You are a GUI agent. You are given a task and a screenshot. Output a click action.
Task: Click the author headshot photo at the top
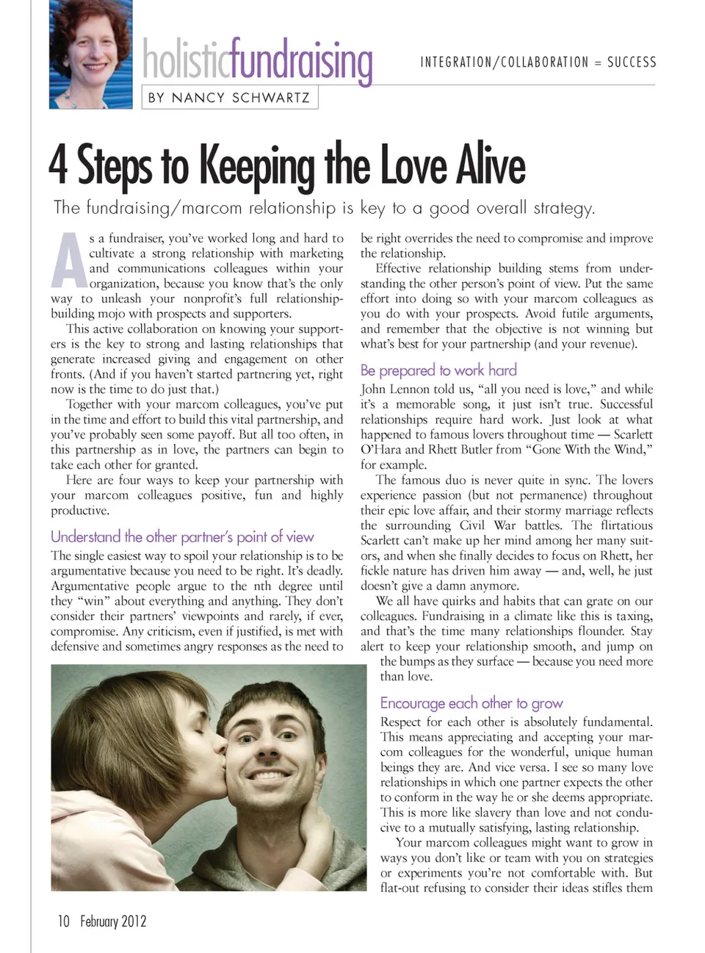coord(91,54)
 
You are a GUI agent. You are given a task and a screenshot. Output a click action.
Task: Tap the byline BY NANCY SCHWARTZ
coord(229,98)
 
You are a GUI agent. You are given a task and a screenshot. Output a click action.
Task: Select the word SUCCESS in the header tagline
coord(632,62)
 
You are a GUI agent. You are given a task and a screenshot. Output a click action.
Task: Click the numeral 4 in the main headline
coord(58,165)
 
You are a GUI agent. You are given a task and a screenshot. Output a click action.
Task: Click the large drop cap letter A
coord(68,261)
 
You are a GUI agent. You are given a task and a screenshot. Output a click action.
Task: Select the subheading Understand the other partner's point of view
coord(182,536)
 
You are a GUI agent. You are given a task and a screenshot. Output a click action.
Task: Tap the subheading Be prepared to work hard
coord(438,370)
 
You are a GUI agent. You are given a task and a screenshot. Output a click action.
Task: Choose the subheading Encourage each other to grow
coord(471,702)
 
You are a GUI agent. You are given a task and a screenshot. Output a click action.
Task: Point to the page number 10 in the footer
coord(64,921)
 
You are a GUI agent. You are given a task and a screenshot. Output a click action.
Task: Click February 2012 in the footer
coord(113,921)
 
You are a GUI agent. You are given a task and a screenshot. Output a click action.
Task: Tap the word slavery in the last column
coord(482,813)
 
